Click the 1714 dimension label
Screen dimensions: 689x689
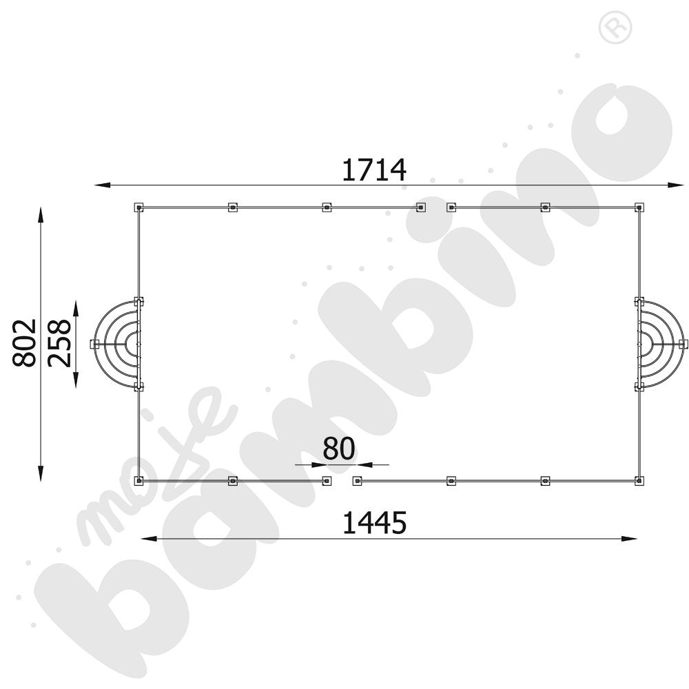pyautogui.click(x=374, y=170)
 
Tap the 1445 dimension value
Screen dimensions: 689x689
pyautogui.click(x=374, y=523)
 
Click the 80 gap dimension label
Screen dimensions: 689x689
pyautogui.click(x=339, y=449)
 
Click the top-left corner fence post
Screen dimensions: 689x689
pyautogui.click(x=139, y=207)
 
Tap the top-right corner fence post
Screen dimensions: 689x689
pyautogui.click(x=639, y=207)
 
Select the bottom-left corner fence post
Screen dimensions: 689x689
pyautogui.click(x=139, y=481)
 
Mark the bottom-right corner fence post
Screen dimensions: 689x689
pyautogui.click(x=639, y=481)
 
